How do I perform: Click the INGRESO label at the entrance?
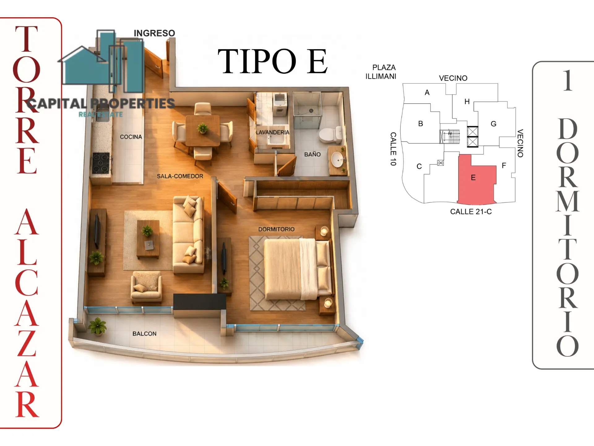(154, 33)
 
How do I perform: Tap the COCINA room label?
(131, 137)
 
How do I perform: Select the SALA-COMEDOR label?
(180, 176)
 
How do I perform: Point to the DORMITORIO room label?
(276, 229)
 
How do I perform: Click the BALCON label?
(144, 334)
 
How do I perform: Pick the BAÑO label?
(312, 154)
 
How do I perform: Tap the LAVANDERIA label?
(273, 132)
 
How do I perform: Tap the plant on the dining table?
(203, 128)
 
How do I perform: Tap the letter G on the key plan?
(493, 124)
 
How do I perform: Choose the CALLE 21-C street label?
(471, 212)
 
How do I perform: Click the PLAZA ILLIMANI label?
(381, 72)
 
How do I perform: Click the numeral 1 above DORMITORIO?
(568, 80)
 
